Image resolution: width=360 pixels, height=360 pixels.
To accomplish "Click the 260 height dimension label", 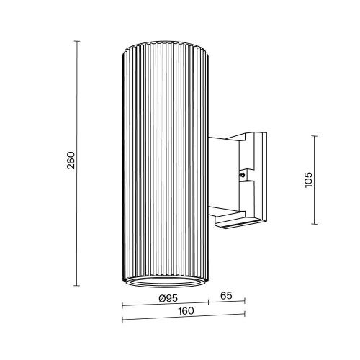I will pos(70,163).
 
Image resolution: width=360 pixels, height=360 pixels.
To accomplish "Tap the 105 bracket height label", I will pos(307,179).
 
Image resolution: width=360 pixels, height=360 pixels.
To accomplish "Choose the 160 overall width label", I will pos(185,311).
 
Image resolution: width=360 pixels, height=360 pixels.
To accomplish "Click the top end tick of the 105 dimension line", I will pos(315,135).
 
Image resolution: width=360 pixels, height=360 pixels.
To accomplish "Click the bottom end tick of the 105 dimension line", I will pos(315,223).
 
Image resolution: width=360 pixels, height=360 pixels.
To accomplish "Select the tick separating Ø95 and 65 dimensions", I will pos(209,302).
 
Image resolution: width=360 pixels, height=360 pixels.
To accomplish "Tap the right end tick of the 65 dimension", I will pos(245,302).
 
